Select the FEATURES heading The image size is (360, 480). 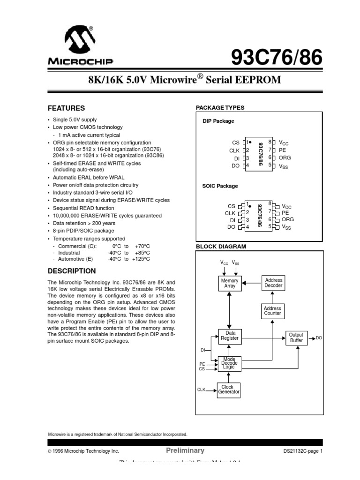click(67, 108)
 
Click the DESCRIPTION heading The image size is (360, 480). click(72, 271)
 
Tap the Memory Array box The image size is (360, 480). click(230, 283)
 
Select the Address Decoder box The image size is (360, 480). click(273, 283)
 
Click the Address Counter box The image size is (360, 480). click(272, 311)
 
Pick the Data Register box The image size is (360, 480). click(230, 335)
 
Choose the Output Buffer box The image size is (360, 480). click(296, 337)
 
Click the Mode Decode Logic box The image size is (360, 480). click(230, 364)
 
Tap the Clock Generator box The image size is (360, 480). click(228, 390)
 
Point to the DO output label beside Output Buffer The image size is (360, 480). click(319, 337)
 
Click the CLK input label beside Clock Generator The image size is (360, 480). click(202, 390)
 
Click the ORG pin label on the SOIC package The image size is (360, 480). click(288, 219)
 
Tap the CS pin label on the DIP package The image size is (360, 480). click(235, 142)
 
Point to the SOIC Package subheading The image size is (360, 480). click(220, 186)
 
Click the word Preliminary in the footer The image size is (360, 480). click(185, 450)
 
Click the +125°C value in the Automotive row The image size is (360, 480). click(141, 259)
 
